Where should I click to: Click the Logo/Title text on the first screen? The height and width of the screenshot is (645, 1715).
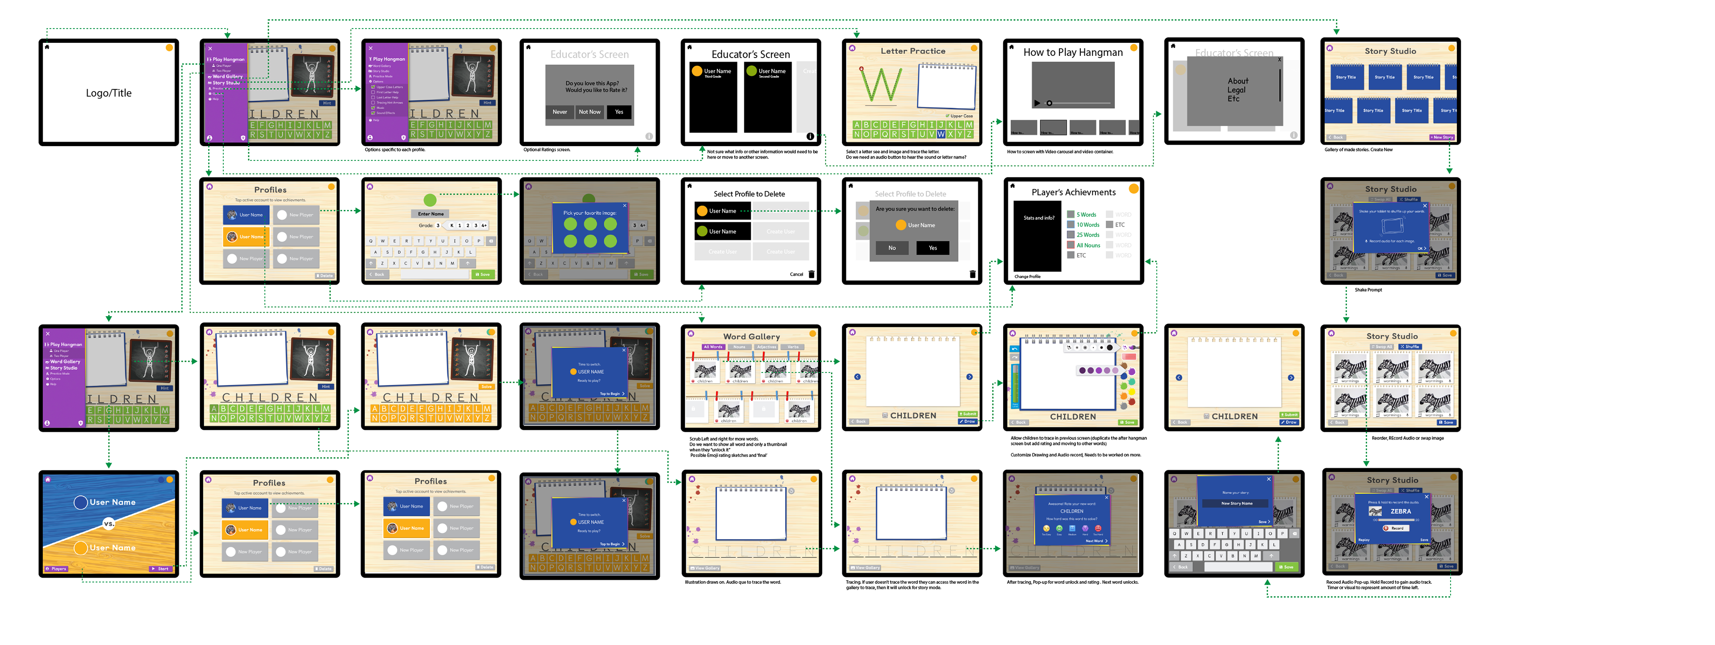[109, 93]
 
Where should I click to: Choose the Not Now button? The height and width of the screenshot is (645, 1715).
[589, 112]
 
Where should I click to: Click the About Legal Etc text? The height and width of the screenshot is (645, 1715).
[1237, 90]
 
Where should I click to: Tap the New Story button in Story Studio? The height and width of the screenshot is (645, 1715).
[1441, 138]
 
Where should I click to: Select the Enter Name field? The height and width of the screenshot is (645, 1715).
[431, 214]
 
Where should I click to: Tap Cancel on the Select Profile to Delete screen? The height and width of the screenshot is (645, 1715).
[796, 274]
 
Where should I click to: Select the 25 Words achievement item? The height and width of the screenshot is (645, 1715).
[1087, 235]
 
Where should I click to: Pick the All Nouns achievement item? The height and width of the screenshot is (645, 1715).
[1088, 246]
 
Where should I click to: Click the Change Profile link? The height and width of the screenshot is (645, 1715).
[1027, 276]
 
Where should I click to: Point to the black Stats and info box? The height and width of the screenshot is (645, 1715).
[1038, 239]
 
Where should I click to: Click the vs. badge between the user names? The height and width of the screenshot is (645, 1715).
[109, 524]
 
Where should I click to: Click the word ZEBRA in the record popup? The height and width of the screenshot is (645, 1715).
[1400, 512]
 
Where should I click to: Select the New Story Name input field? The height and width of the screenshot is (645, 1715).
[1236, 504]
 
